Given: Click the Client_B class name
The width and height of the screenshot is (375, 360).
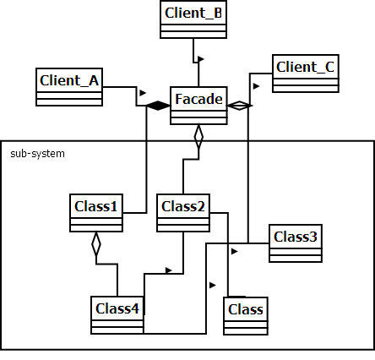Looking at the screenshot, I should click(193, 14).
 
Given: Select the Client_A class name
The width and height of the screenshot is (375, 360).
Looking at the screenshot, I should click(69, 80).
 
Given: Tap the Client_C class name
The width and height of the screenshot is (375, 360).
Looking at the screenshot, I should click(306, 67).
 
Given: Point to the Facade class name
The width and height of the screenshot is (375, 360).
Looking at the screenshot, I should click(198, 100).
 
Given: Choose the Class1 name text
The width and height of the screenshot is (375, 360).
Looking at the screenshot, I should click(96, 205).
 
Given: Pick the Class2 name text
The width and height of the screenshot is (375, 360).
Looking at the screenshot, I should click(183, 205).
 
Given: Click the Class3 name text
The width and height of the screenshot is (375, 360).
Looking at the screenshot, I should click(296, 237).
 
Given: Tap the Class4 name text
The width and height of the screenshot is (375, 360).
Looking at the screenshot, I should click(117, 308).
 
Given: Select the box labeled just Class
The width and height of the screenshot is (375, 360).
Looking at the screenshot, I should click(246, 309).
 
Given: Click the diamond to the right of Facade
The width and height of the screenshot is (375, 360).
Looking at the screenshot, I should click(240, 106).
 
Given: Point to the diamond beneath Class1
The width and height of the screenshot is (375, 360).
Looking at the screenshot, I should click(96, 244).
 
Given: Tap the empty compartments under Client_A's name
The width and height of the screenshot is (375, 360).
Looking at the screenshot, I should click(69, 97).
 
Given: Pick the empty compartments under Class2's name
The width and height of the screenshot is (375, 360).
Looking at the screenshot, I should click(183, 223).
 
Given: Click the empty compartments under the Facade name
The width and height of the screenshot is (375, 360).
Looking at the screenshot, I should click(198, 117).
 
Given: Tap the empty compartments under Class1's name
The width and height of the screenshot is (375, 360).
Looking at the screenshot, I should click(96, 223).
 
